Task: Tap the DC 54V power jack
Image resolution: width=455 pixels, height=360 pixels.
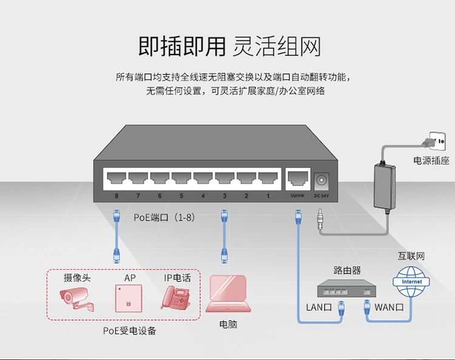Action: point(321,181)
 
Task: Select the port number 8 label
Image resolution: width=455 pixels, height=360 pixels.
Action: point(116,196)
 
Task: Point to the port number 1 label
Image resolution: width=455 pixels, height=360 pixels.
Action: point(268,196)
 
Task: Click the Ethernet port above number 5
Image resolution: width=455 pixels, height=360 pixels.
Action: point(181,178)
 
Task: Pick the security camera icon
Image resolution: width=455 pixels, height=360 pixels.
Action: point(76,299)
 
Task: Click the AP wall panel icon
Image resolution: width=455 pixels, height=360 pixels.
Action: point(129,298)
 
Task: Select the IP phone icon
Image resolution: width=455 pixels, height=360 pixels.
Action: point(176,298)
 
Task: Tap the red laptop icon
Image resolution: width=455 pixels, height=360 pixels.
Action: point(228,293)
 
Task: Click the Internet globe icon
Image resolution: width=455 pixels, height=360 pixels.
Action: point(411,282)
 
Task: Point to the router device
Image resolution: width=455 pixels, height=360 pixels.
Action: point(346,288)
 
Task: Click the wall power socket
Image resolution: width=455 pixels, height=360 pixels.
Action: point(437,141)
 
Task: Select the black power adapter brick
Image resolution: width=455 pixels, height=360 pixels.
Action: point(385,187)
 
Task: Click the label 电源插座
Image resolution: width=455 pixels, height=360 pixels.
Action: point(431,160)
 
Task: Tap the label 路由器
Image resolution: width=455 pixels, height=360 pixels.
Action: point(347,270)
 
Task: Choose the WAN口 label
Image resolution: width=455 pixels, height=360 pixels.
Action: point(389,307)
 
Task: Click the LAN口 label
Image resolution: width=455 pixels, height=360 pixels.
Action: point(319,307)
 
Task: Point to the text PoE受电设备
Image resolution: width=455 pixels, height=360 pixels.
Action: point(130,331)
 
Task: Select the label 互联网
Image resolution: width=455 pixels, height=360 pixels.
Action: point(411,256)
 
